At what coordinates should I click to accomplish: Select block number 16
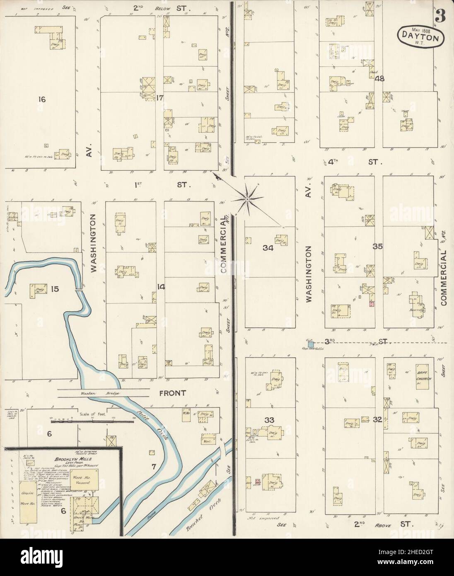tap(41, 99)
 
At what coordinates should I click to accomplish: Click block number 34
tap(268, 248)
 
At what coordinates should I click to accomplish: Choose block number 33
tap(269, 420)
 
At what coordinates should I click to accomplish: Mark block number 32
tap(377, 420)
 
